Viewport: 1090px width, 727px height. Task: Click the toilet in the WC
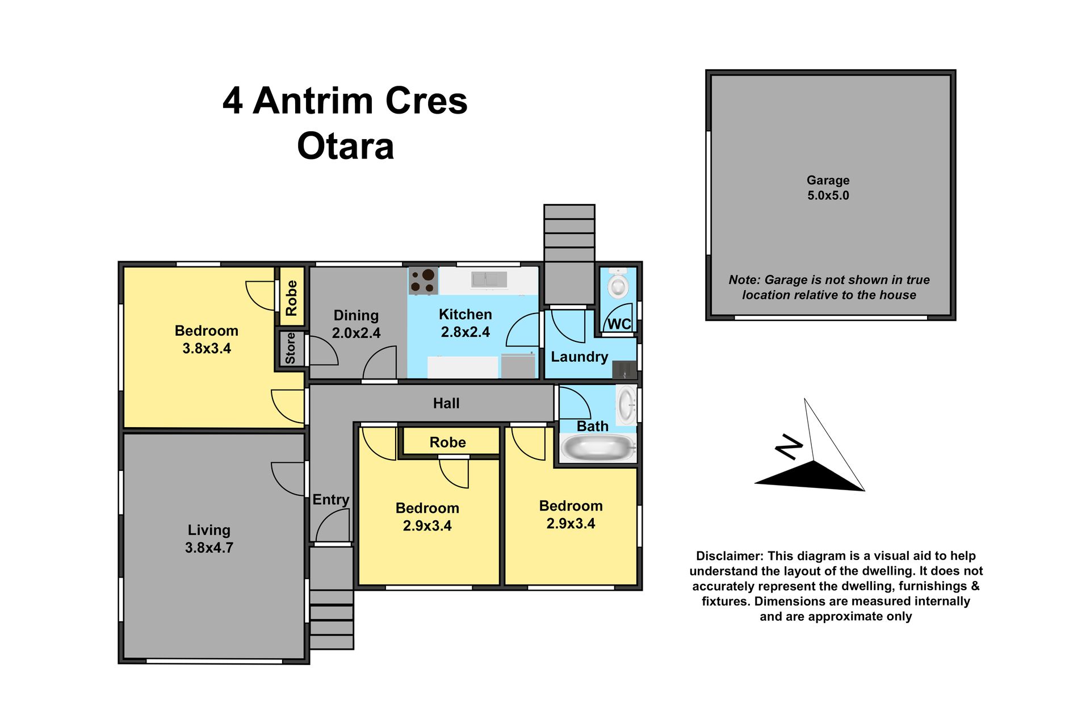coord(618,283)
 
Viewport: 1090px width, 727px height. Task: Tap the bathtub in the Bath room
coord(598,448)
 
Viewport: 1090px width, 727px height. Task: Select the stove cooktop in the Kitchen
coord(424,281)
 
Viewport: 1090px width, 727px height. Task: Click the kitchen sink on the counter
coord(489,279)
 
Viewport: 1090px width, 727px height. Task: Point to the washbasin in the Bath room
coord(626,405)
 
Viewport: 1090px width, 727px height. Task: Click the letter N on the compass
coord(790,446)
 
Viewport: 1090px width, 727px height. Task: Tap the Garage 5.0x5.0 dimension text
coord(828,195)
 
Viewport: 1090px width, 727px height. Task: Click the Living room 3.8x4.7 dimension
coord(209,548)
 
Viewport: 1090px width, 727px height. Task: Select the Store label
coord(290,348)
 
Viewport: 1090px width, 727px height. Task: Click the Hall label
coord(446,403)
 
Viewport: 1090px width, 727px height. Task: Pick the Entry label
coord(330,500)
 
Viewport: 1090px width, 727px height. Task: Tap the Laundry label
coord(579,357)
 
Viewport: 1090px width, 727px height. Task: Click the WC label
coord(619,324)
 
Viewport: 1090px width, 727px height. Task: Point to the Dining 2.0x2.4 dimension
coord(356,333)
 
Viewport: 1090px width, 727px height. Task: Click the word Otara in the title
coord(345,146)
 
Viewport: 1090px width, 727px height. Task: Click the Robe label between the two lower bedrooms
coord(447,442)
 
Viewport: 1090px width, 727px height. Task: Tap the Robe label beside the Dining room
coord(291,298)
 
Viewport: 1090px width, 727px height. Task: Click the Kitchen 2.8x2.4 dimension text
coord(466,332)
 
